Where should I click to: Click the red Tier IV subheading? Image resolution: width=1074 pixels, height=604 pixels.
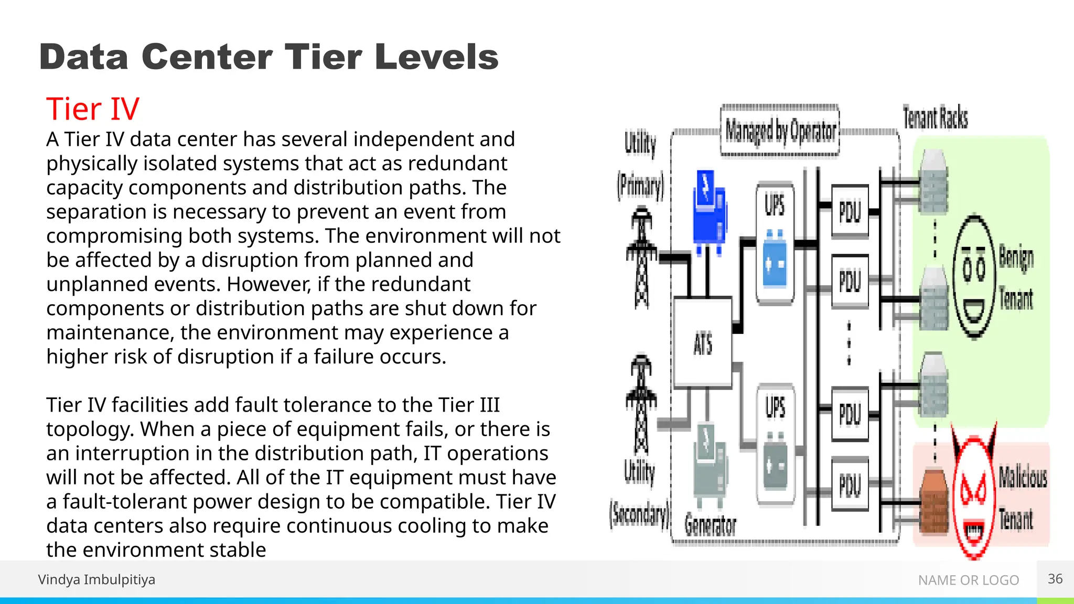pos(93,109)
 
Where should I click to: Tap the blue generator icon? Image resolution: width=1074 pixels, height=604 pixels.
pos(709,210)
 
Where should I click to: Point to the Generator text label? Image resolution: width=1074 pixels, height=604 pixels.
pos(710,525)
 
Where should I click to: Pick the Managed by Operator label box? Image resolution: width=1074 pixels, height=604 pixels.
pos(780,131)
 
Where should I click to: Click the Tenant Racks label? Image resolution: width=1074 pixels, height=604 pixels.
pos(935,117)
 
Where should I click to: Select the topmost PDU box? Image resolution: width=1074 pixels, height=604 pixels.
pos(850,212)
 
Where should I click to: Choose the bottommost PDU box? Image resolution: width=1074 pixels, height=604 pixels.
pos(850,484)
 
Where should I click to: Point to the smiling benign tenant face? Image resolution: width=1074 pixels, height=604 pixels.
pos(974,277)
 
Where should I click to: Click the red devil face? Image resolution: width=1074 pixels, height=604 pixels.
pos(973,493)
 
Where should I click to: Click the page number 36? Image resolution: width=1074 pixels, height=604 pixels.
pos(1055,579)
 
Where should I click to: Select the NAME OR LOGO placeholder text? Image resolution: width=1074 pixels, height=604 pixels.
pos(968,580)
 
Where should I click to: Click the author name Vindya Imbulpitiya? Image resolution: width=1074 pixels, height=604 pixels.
pos(96,579)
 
